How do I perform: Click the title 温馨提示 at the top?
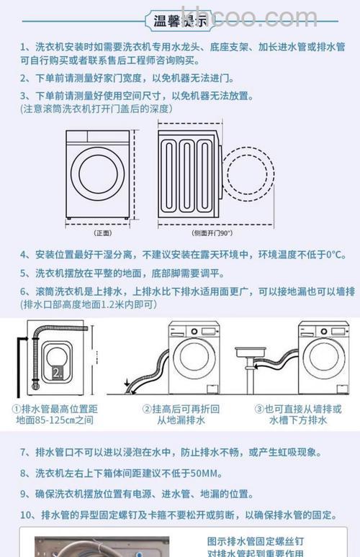point(180,21)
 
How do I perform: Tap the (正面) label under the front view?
point(103,232)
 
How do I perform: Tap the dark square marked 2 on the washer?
point(57,371)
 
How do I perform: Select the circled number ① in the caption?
point(16,408)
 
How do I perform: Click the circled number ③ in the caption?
point(258,408)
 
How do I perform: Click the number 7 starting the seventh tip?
point(23,453)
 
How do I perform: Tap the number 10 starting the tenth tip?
point(26,515)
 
